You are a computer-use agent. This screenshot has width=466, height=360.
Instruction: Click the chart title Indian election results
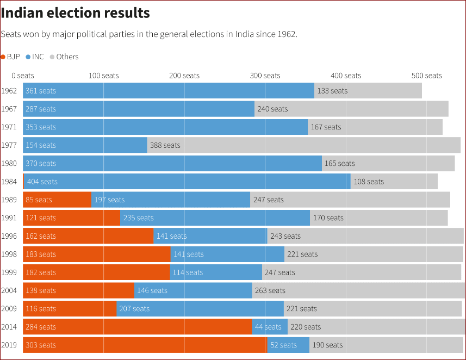(76, 13)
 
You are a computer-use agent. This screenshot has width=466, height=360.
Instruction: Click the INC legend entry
(35, 57)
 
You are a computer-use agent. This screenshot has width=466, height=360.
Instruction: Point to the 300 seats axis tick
(265, 76)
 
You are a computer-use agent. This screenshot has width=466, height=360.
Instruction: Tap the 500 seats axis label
(426, 76)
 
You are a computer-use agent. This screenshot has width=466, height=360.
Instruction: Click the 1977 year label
(9, 145)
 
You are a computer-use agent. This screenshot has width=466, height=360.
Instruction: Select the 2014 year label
(9, 327)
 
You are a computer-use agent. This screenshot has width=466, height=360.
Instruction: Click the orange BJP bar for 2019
(145, 345)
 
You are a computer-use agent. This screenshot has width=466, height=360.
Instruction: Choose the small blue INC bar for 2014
(270, 327)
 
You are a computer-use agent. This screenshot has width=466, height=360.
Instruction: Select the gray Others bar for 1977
(321, 145)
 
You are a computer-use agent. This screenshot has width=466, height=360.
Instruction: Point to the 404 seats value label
(42, 182)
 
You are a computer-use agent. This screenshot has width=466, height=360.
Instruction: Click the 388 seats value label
(165, 145)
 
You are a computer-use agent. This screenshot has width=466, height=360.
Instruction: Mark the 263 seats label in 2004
(270, 290)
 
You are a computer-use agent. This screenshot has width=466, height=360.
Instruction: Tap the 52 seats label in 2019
(283, 345)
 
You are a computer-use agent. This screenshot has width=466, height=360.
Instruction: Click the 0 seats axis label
(22, 76)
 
